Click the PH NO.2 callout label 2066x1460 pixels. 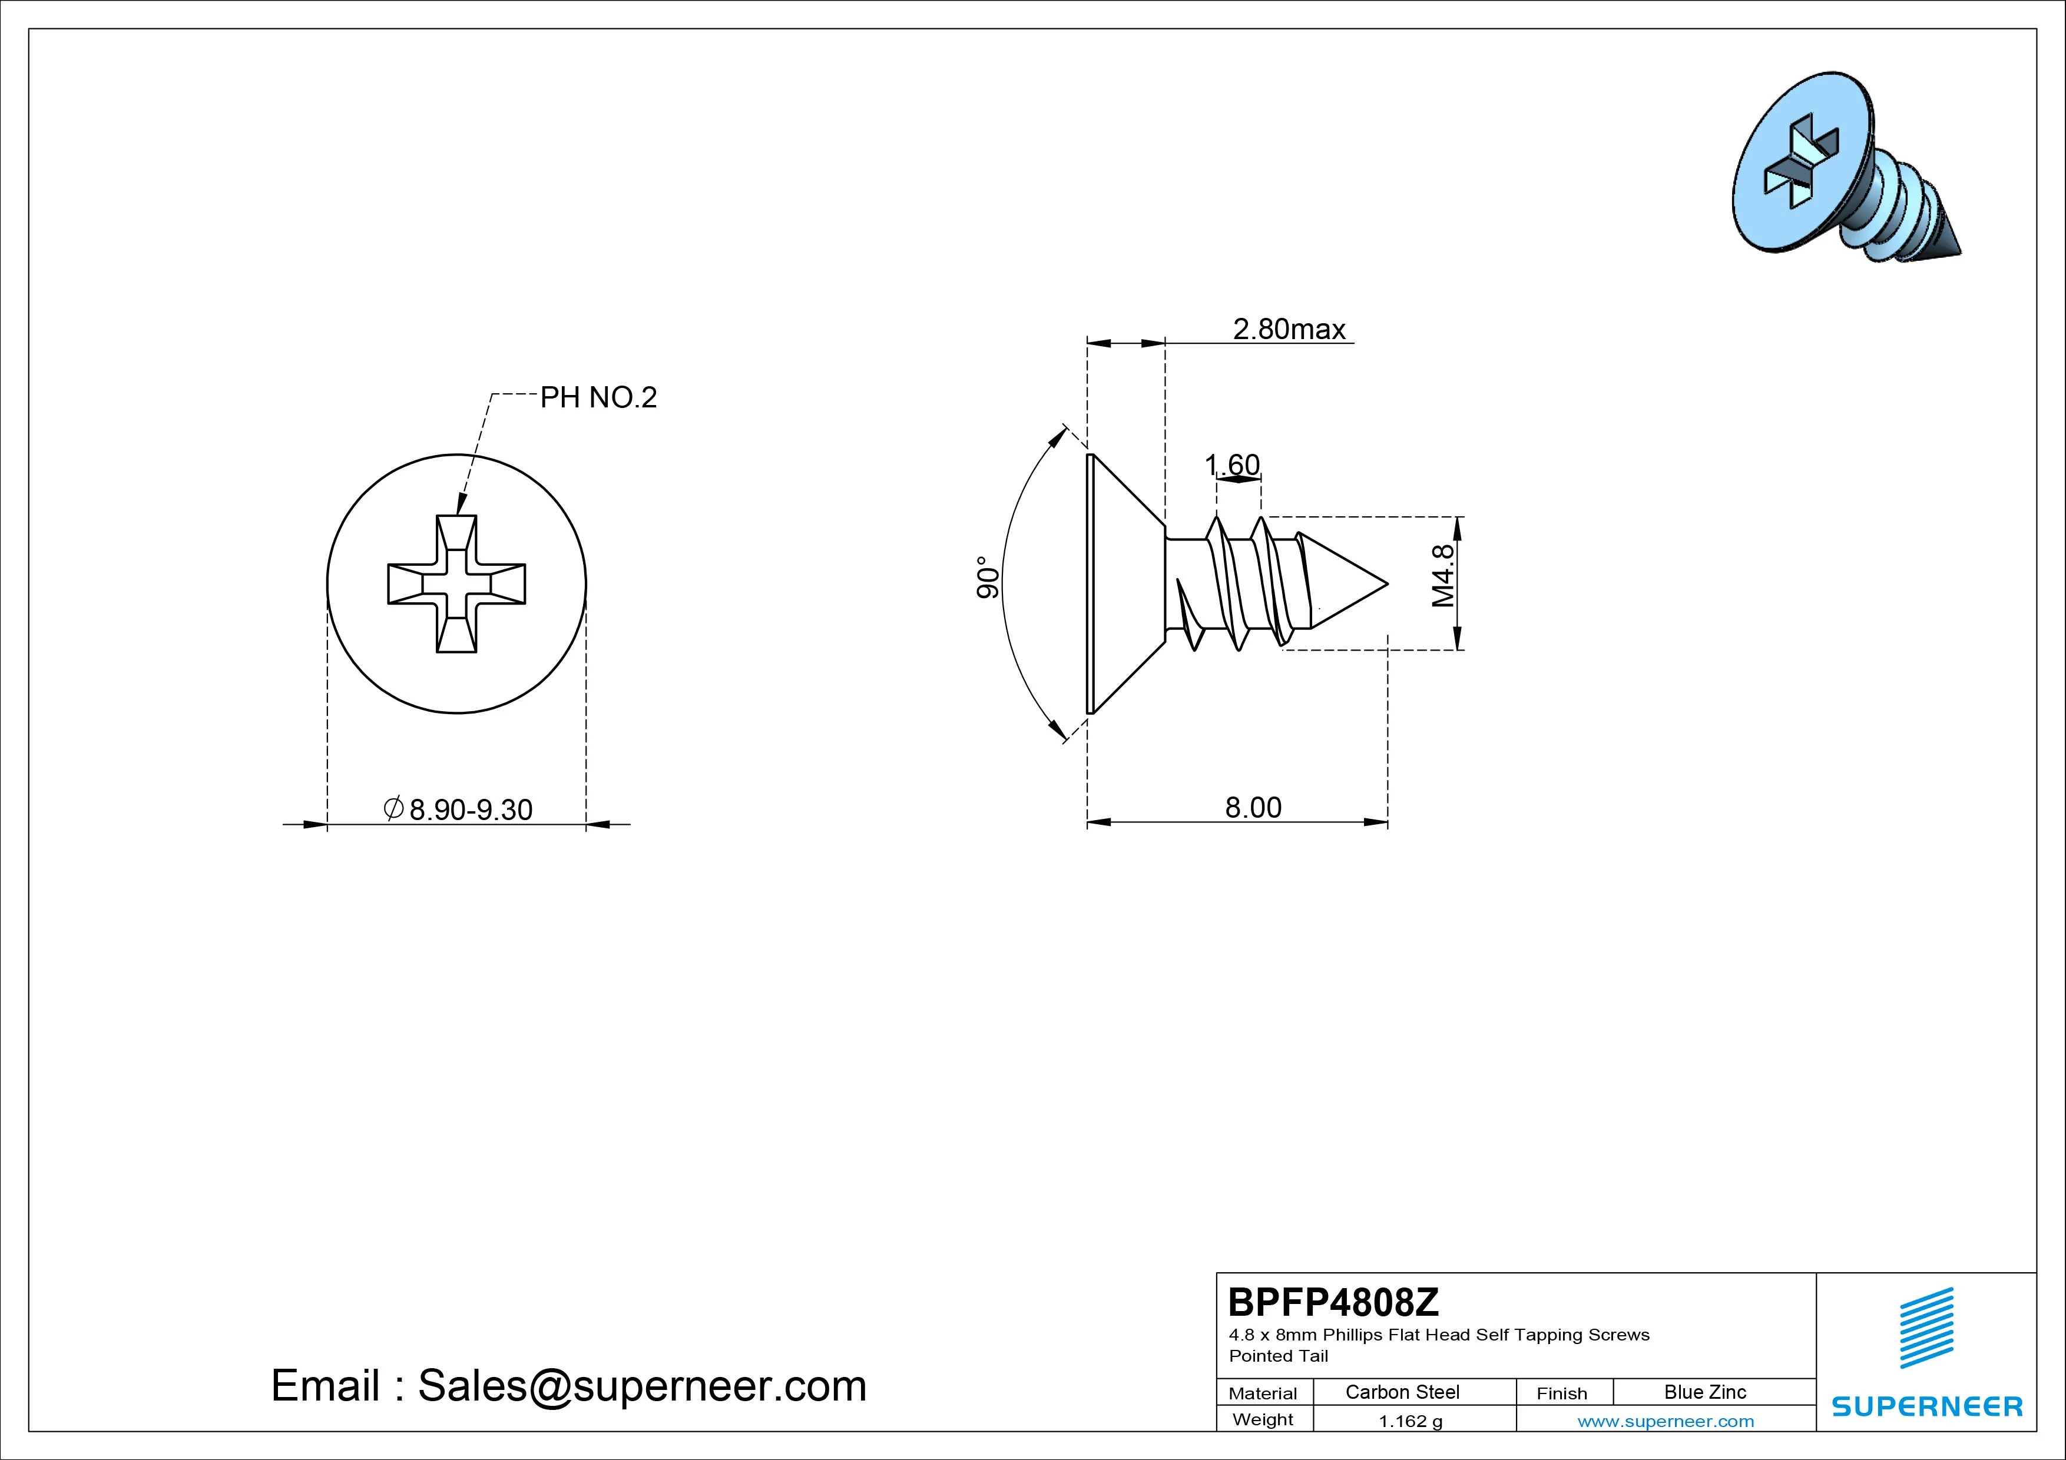[598, 397]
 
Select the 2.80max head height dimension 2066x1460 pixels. [1289, 329]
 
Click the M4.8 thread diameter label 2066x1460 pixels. [1443, 576]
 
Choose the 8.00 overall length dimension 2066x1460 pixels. [1253, 807]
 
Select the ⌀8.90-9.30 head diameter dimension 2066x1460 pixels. [458, 809]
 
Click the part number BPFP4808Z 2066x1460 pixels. [1333, 1302]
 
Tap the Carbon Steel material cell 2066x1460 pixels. [1402, 1392]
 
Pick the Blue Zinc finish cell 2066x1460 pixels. [1705, 1392]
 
